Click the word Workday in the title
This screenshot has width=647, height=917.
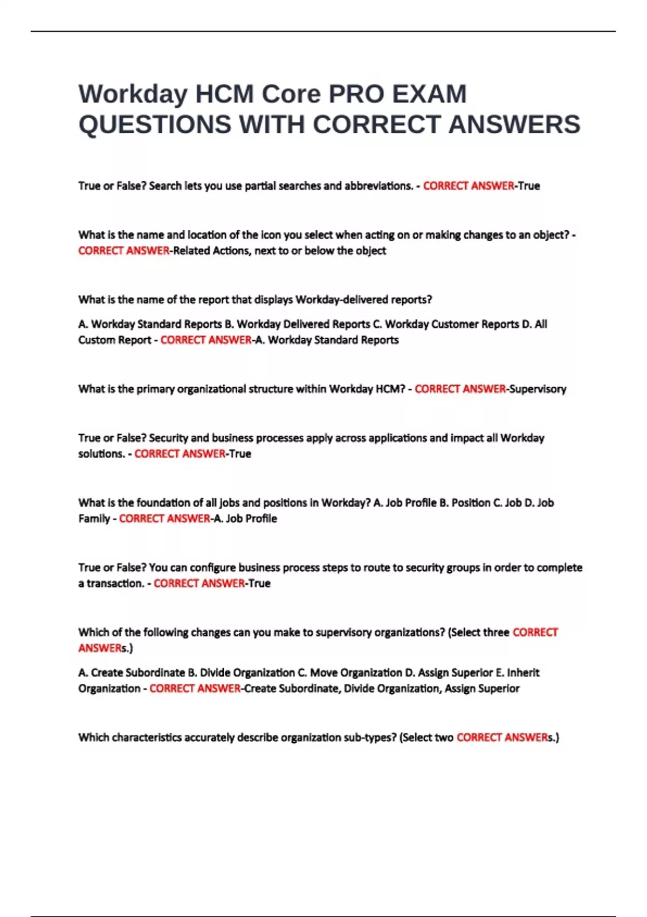pyautogui.click(x=133, y=94)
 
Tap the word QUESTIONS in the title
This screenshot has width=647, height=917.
pyautogui.click(x=155, y=125)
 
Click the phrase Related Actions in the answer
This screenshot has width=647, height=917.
pyautogui.click(x=212, y=251)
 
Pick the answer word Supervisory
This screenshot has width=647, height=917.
pyautogui.click(x=538, y=389)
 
